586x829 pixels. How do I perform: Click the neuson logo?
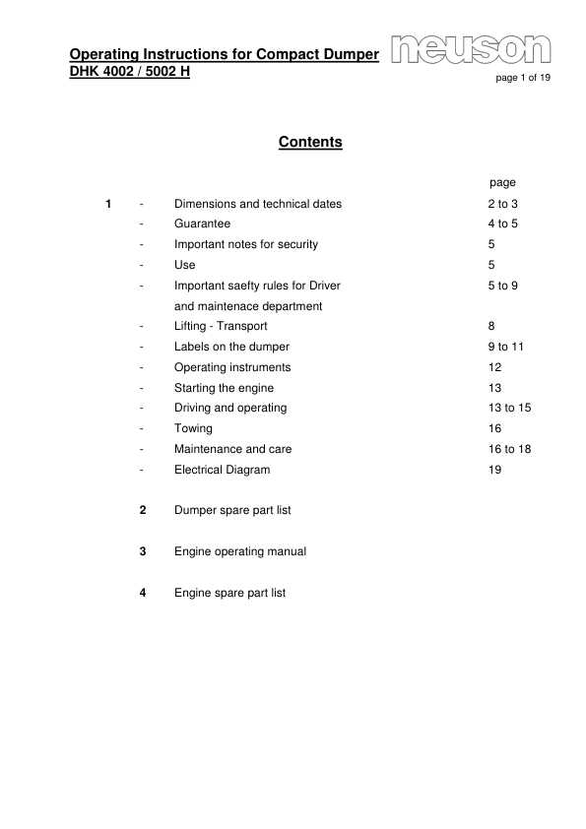pos(471,50)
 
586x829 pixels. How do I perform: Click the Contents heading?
pos(310,143)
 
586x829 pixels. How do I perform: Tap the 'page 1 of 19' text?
pos(522,80)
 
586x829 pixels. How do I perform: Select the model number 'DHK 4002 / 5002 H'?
pos(130,73)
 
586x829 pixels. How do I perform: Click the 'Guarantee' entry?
pos(202,224)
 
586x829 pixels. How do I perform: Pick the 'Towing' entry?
pos(193,429)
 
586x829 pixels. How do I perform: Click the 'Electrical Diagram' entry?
pos(222,471)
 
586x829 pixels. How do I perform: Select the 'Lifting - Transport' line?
pos(221,326)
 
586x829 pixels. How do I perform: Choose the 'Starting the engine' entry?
pos(224,388)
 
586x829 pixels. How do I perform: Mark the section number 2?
pos(143,511)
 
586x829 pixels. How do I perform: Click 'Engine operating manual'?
pos(239,552)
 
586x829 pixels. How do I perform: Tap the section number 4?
pos(143,594)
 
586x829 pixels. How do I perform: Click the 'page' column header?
pos(502,183)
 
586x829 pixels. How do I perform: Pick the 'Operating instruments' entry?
pos(232,367)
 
